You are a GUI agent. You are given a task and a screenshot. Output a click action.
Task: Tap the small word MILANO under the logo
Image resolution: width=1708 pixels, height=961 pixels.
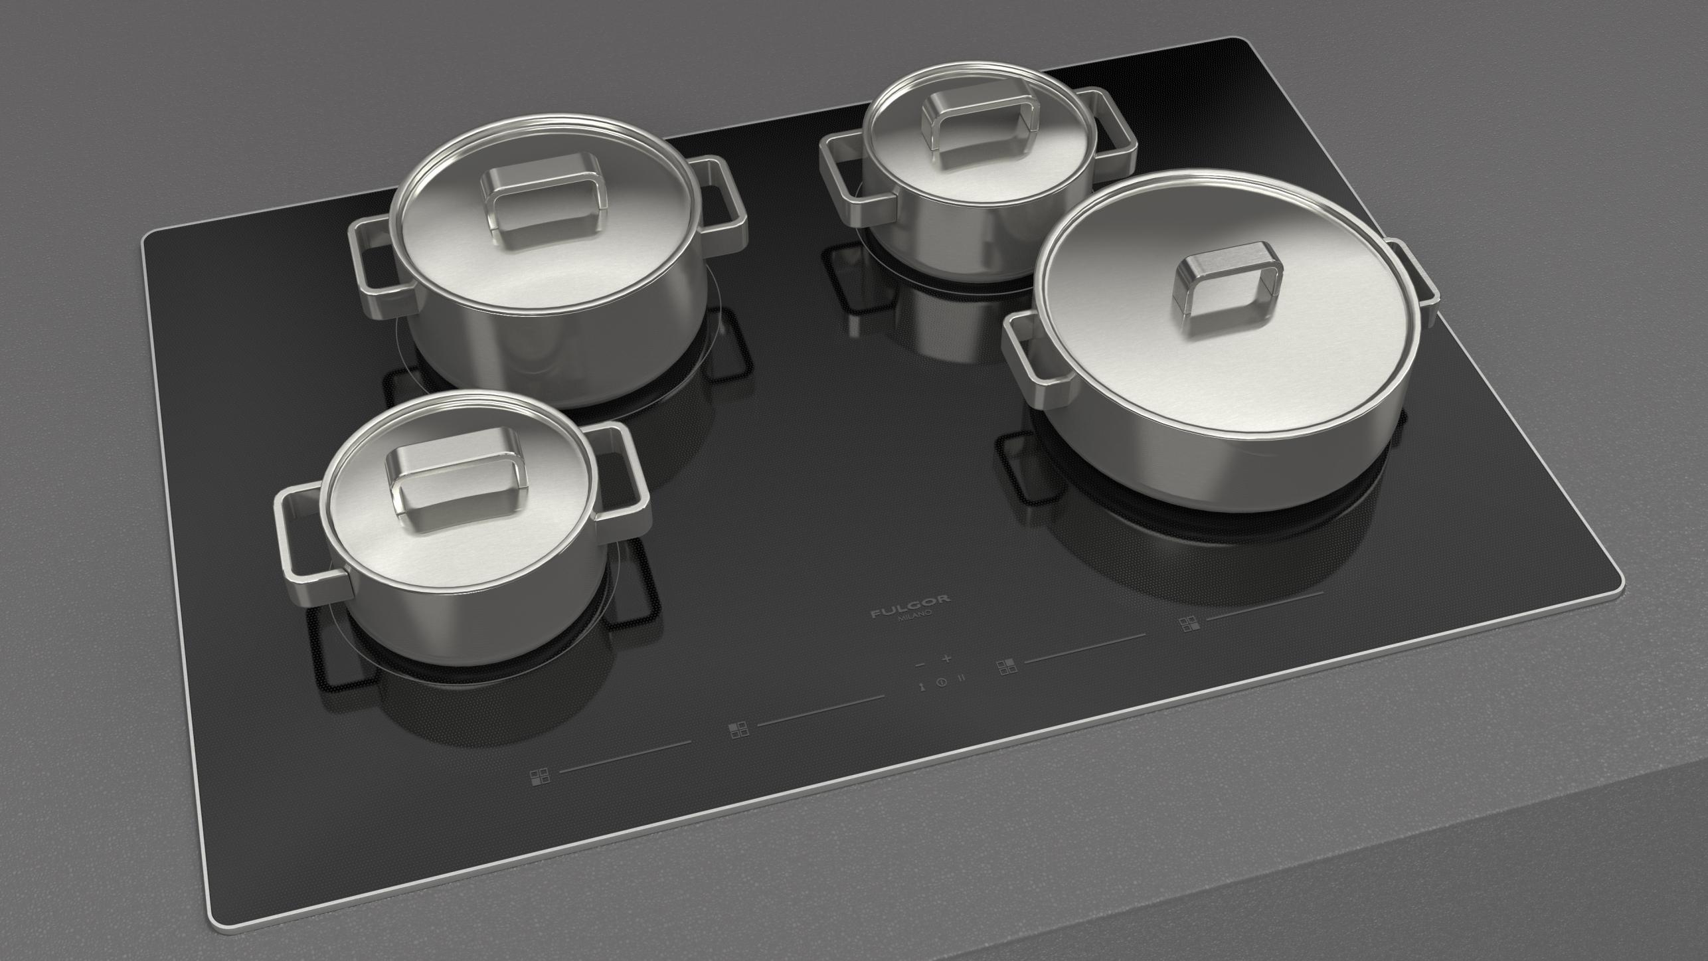pyautogui.click(x=915, y=618)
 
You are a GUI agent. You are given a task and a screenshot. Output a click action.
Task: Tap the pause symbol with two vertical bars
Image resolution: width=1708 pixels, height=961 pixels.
pyautogui.click(x=960, y=679)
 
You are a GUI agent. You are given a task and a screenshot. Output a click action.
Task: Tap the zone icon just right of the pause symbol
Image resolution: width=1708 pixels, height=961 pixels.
pyautogui.click(x=1007, y=667)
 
